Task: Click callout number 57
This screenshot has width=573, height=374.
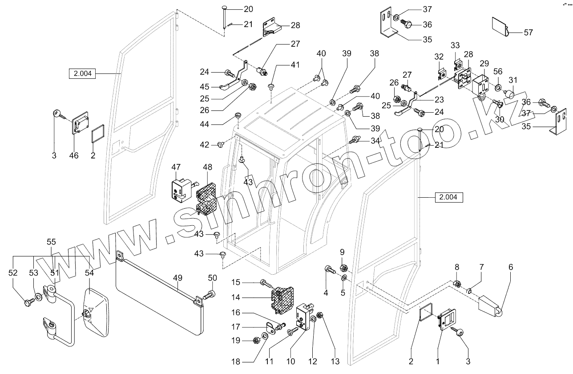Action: pyautogui.click(x=528, y=33)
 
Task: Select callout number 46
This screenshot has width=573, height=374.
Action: pyautogui.click(x=74, y=155)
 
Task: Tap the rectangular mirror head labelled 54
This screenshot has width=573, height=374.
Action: pyautogui.click(x=95, y=312)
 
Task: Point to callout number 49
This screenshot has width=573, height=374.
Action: pyautogui.click(x=178, y=278)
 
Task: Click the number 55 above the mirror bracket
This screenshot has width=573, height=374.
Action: pyautogui.click(x=52, y=242)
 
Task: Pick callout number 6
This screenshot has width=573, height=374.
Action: pyautogui.click(x=511, y=267)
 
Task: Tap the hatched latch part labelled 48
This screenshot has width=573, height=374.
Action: pyautogui.click(x=206, y=196)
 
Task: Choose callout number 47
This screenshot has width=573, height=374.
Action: pyautogui.click(x=176, y=167)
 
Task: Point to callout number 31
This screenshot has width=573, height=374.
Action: pyautogui.click(x=513, y=81)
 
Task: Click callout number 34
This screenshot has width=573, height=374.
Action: pyautogui.click(x=375, y=141)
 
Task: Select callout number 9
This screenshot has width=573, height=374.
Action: pyautogui.click(x=342, y=252)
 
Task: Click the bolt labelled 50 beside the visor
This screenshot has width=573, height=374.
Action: pyautogui.click(x=209, y=294)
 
